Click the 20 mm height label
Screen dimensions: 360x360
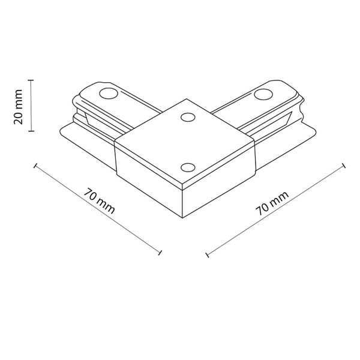click(x=19, y=106)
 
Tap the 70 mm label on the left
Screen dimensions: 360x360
click(x=100, y=202)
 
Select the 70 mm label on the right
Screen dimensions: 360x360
click(x=272, y=203)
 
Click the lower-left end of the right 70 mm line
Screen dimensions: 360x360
click(x=208, y=256)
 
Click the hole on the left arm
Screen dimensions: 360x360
click(x=108, y=93)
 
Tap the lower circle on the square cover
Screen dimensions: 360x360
click(x=187, y=167)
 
